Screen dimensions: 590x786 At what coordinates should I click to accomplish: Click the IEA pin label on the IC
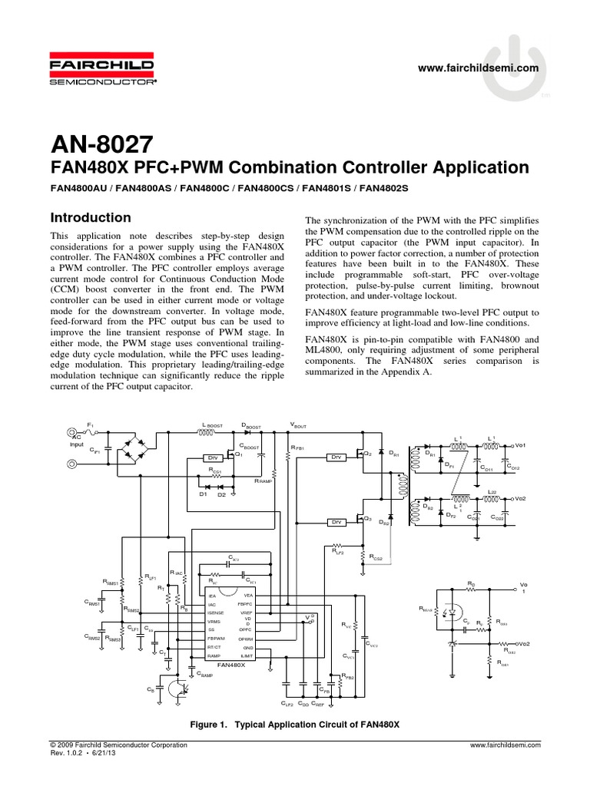coord(211,595)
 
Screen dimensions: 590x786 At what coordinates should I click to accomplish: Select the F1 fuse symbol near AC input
coord(91,431)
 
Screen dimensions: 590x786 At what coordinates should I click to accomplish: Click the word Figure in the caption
coord(205,725)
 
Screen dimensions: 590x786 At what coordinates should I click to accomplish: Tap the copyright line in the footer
coord(117,745)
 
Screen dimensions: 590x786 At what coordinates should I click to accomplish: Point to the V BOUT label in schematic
coord(297,425)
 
